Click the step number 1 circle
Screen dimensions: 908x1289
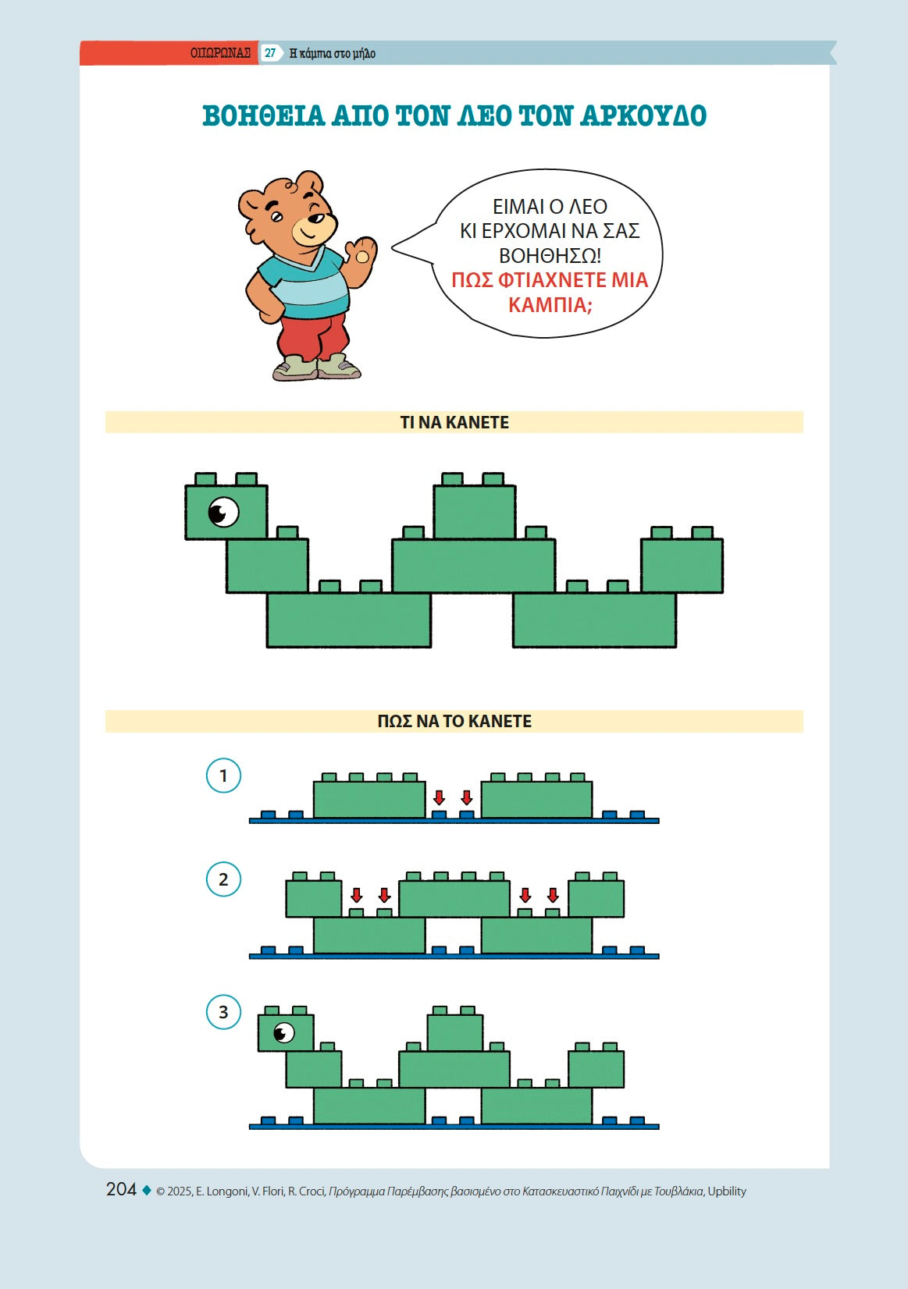point(223,775)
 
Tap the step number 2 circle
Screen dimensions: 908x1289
point(223,879)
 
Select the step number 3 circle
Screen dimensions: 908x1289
point(223,1012)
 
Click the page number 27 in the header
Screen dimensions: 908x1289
point(270,54)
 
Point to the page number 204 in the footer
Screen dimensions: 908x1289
point(121,1189)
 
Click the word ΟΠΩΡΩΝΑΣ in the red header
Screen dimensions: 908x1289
point(220,54)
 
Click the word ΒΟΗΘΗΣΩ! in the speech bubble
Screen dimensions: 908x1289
point(550,255)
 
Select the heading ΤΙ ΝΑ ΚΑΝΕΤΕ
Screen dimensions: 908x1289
point(454,422)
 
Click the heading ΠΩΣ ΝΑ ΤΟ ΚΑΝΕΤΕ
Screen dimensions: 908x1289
point(454,721)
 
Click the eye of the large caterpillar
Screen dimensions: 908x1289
point(223,511)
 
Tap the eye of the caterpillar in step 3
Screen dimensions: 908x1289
point(283,1032)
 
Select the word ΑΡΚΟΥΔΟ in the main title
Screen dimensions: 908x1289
point(643,115)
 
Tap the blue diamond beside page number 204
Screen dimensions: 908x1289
point(146,1189)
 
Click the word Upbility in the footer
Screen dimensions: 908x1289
point(727,1191)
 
